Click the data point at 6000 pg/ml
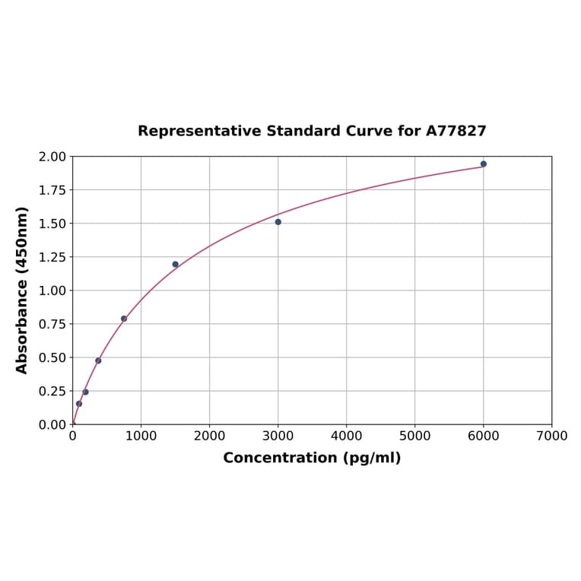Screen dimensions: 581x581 (x=483, y=164)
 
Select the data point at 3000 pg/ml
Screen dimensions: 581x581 (x=278, y=222)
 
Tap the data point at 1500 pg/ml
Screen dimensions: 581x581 (x=175, y=265)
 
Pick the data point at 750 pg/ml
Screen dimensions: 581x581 (x=124, y=319)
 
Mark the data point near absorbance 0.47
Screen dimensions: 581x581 (x=98, y=360)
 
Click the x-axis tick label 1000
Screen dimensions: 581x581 (x=141, y=436)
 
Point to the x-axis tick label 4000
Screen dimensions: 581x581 (x=346, y=436)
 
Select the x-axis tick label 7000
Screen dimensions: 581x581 (x=551, y=436)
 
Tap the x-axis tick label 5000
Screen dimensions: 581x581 (x=414, y=436)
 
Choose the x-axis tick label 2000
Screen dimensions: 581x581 (x=209, y=436)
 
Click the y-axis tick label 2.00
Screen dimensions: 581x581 (x=52, y=157)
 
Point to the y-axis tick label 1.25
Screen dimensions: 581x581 (x=52, y=257)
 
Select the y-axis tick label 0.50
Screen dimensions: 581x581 (x=52, y=357)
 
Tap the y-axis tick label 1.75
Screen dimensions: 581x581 (x=52, y=190)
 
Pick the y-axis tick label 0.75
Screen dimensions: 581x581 (x=52, y=324)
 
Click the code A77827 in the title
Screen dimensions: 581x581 (x=456, y=131)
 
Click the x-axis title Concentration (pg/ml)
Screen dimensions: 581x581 (x=312, y=458)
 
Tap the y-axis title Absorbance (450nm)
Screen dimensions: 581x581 (x=22, y=290)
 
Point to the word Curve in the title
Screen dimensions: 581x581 (x=370, y=131)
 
